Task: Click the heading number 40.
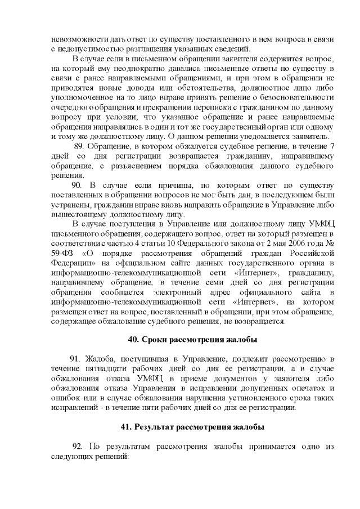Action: pos(133,340)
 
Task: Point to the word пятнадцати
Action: pos(103,368)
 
